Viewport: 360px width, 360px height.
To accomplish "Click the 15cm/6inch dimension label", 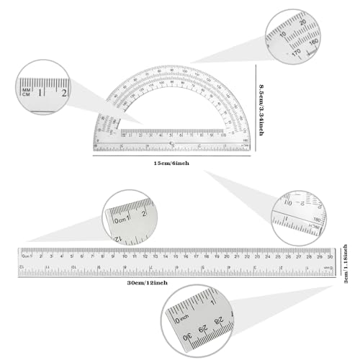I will (x=171, y=164).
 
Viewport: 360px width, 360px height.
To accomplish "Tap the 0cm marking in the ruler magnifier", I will (x=118, y=219).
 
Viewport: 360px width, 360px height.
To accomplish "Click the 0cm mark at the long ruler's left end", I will (x=26, y=255).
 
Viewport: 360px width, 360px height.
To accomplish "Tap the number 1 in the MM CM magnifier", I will (x=43, y=91).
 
